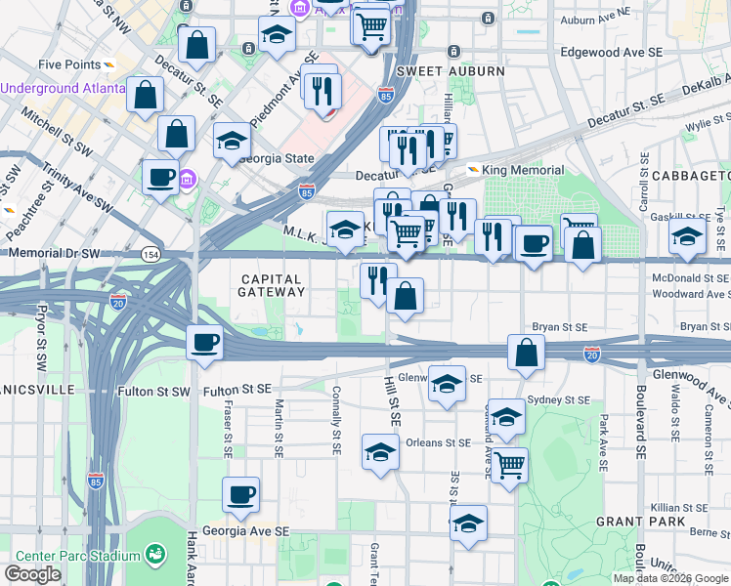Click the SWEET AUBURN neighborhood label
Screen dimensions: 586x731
click(x=451, y=71)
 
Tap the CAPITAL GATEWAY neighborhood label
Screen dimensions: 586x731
click(x=274, y=285)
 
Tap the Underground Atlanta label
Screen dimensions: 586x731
click(x=63, y=88)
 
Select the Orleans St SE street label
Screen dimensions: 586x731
click(x=438, y=442)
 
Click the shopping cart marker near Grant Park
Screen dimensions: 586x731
click(x=509, y=465)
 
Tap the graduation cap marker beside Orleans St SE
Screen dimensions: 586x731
click(x=380, y=451)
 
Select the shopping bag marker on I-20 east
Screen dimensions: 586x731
click(x=527, y=354)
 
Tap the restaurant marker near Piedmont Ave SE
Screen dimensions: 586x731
click(x=322, y=92)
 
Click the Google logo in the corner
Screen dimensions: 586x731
click(x=32, y=574)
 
